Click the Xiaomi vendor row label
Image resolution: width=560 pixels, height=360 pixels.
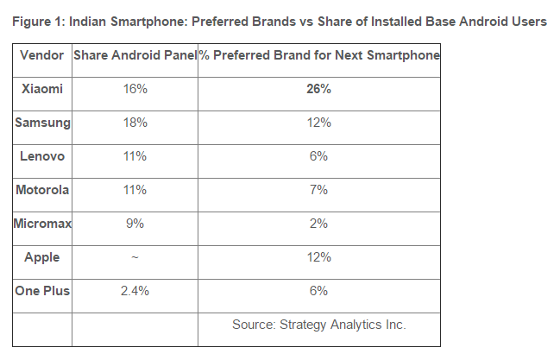tap(42, 89)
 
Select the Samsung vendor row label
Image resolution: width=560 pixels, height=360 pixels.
tap(42, 123)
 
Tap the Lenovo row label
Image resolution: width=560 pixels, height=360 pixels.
tap(42, 156)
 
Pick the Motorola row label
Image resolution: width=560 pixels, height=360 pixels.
tap(42, 190)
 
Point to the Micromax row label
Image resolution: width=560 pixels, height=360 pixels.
tap(42, 224)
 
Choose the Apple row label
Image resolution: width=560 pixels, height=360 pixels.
tap(42, 257)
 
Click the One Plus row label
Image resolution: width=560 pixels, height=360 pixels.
tap(42, 291)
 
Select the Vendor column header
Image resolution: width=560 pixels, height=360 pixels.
tap(42, 55)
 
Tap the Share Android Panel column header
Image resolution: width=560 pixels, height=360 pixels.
tap(134, 55)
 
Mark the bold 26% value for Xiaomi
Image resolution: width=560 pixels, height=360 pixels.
tap(318, 89)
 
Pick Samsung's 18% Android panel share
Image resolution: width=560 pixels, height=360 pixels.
tap(134, 123)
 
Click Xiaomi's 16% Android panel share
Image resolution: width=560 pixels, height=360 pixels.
tap(134, 89)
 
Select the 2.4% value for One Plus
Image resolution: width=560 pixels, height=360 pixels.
tap(134, 291)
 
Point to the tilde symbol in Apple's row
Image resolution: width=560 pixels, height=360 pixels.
tap(134, 257)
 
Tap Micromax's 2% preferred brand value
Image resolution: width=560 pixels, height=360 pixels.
tap(318, 224)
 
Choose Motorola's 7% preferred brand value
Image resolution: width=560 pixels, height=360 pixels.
tap(318, 190)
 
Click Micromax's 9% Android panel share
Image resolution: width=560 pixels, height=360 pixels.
tap(134, 224)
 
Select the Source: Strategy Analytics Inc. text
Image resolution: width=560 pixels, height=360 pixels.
tap(318, 325)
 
